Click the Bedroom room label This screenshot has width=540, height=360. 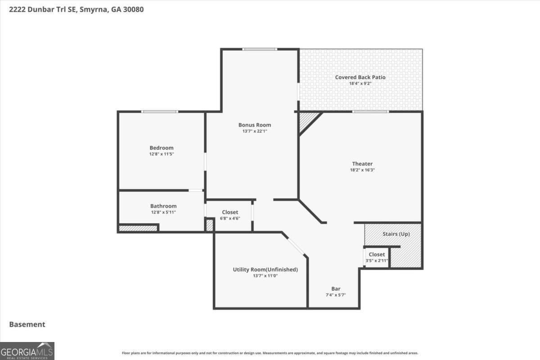[x=161, y=148]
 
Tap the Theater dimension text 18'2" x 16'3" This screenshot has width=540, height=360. [x=362, y=170]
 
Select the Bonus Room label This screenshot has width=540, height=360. [x=255, y=125]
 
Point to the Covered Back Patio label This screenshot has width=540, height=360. [x=360, y=77]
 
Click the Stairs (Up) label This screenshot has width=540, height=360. [x=396, y=234]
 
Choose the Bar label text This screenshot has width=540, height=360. [x=336, y=288]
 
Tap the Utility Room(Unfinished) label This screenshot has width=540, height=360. [x=265, y=270]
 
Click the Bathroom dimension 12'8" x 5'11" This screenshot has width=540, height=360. [x=163, y=212]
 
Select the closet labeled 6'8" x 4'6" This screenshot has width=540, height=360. [x=230, y=215]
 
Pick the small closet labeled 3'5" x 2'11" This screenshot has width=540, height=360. [x=377, y=257]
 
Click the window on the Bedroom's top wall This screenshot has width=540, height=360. [x=159, y=112]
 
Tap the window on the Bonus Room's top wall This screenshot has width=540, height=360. [x=259, y=49]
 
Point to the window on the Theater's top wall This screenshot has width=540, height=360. [x=370, y=112]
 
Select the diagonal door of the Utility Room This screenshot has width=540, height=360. [x=296, y=246]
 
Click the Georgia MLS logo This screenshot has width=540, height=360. [x=27, y=351]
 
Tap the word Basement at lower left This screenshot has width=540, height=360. [x=27, y=324]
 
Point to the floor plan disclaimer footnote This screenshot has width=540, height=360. [x=270, y=353]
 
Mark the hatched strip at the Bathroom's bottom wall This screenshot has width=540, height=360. [x=138, y=228]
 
